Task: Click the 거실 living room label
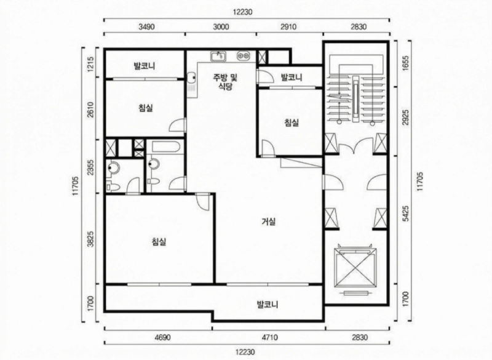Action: click(x=269, y=222)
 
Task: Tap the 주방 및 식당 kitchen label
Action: click(x=225, y=82)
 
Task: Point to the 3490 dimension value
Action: click(x=146, y=26)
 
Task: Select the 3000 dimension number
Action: click(x=221, y=26)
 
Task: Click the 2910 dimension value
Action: click(x=288, y=26)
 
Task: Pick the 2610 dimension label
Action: click(x=91, y=110)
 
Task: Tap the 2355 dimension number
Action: click(x=91, y=167)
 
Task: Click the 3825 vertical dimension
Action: click(x=91, y=239)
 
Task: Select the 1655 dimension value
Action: click(x=406, y=63)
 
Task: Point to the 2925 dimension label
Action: click(x=406, y=118)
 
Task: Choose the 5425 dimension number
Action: click(x=406, y=214)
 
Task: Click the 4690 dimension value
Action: click(x=163, y=337)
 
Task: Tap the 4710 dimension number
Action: click(x=269, y=337)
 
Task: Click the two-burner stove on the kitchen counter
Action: click(x=244, y=56)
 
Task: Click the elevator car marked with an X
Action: click(x=355, y=268)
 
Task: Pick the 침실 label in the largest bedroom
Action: click(x=159, y=242)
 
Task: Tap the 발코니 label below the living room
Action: click(x=268, y=304)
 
